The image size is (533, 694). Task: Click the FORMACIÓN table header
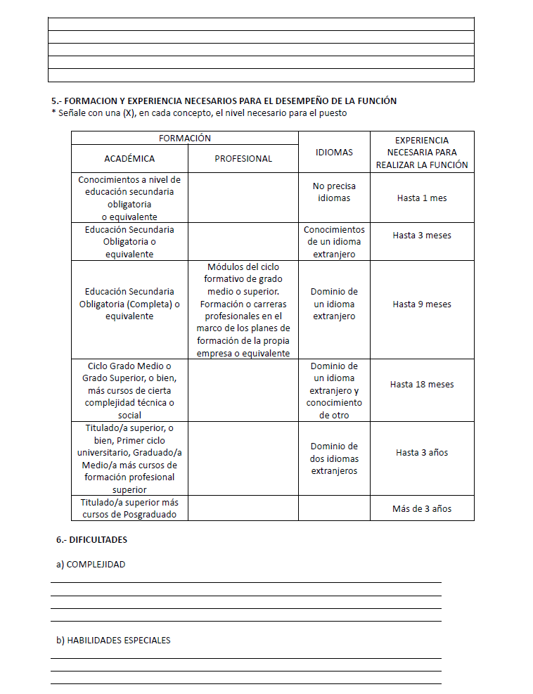click(x=185, y=139)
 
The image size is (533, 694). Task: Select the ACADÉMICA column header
click(x=129, y=158)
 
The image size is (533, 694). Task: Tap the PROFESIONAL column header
click(x=243, y=158)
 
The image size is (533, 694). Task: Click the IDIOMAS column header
click(x=334, y=152)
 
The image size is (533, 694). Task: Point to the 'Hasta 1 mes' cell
click(x=422, y=198)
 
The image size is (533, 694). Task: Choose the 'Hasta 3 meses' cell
click(x=422, y=236)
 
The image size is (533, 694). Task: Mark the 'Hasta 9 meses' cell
click(x=422, y=304)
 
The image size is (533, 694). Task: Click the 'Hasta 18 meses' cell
click(x=422, y=385)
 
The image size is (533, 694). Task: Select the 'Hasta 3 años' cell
click(x=422, y=453)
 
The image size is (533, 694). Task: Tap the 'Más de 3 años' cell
click(x=422, y=508)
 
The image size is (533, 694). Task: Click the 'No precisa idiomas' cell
click(x=334, y=192)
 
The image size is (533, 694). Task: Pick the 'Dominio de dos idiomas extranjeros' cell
click(x=334, y=458)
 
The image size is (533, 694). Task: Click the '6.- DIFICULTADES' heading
click(x=91, y=540)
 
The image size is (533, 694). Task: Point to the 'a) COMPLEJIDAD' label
click(x=91, y=565)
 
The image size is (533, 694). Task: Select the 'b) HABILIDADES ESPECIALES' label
click(x=113, y=641)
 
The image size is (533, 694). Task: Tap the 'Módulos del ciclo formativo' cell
click(x=243, y=310)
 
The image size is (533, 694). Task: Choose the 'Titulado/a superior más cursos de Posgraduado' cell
click(x=129, y=508)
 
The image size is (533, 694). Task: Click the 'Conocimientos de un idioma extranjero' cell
click(x=334, y=242)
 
